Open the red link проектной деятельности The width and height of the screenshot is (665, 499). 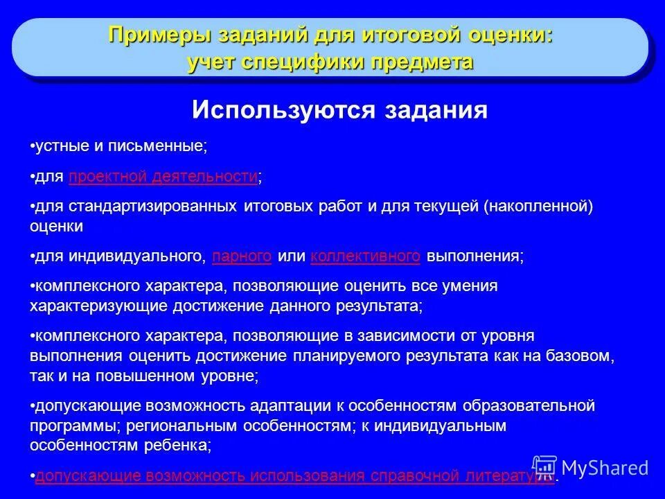163,178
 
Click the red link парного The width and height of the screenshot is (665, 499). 242,256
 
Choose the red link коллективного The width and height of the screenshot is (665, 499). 366,256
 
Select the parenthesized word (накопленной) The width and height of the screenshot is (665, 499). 538,207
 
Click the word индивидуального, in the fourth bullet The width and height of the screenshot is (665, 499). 137,256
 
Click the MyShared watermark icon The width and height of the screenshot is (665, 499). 545,468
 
